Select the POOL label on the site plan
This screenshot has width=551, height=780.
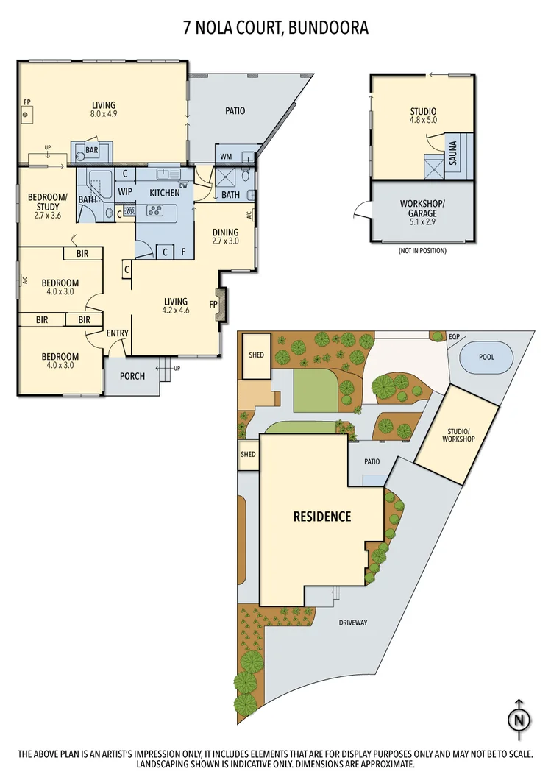486,357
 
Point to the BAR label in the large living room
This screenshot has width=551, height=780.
92,150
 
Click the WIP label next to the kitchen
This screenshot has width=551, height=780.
126,193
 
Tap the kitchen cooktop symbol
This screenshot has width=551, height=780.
155,211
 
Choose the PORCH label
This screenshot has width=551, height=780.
132,376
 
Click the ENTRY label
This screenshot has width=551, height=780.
118,333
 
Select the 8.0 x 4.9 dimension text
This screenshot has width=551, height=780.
104,115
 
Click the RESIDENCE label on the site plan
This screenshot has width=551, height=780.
322,517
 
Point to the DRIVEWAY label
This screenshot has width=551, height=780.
352,623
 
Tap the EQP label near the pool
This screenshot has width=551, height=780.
454,337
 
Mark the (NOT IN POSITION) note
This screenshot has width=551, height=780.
423,250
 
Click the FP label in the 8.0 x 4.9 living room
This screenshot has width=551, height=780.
27,102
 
